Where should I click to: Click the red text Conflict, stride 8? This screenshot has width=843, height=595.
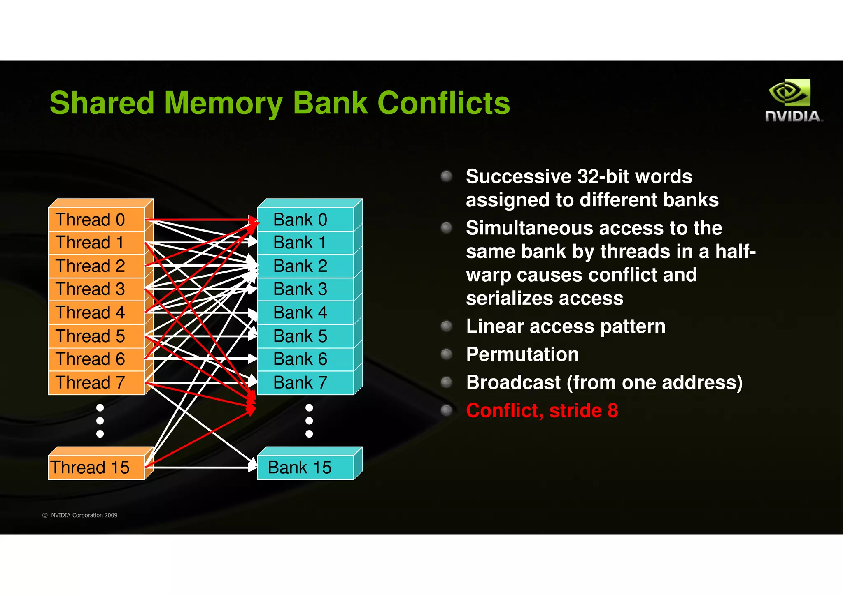[542, 410]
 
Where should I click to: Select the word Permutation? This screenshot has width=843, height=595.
[522, 354]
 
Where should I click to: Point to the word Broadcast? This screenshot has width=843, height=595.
[513, 382]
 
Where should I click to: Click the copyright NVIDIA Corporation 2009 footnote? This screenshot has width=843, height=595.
[80, 515]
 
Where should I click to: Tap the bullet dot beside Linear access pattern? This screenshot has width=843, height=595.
[446, 326]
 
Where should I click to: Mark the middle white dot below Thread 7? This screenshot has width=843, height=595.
[100, 421]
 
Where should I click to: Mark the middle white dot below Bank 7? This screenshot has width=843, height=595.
[309, 421]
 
